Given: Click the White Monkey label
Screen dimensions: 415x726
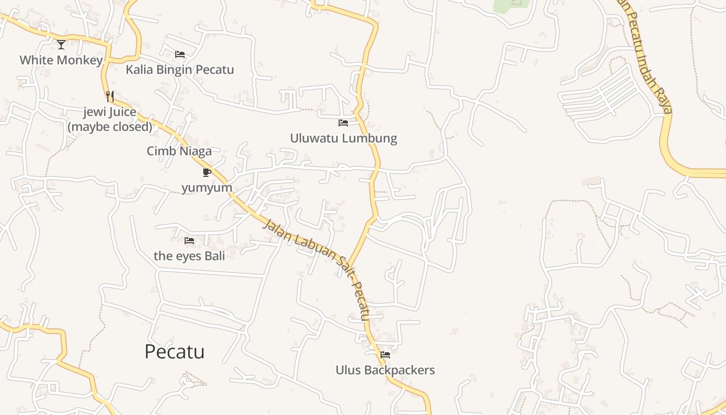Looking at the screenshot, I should pos(61,60).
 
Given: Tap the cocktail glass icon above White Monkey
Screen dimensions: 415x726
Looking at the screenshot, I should pos(61,45).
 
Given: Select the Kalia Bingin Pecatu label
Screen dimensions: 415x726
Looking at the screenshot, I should pos(180,70).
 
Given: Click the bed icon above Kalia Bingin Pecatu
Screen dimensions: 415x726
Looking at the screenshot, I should pos(180,54).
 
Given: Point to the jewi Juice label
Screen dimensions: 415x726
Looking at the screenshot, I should pos(110,112).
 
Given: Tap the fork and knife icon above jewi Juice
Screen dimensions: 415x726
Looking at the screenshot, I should pos(110,96).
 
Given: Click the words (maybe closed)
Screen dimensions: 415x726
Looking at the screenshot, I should pos(110,127).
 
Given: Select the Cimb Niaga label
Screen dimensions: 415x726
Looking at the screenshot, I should pos(179,151).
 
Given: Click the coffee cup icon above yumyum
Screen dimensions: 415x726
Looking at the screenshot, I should pos(207,172).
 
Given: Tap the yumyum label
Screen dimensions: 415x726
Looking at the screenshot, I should pos(207,187).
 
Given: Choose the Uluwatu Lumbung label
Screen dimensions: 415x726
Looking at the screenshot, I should pos(343,138).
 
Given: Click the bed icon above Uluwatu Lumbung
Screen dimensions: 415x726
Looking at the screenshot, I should pos(343,123).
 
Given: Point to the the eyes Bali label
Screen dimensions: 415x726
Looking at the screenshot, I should pos(189,256).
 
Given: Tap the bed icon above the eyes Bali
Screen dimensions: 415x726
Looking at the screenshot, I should pos(189,241).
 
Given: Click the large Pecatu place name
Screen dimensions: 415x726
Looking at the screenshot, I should pos(174,352).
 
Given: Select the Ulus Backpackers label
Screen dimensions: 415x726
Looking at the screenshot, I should pos(385,370).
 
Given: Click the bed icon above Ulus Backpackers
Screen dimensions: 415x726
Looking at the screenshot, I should pos(385,355).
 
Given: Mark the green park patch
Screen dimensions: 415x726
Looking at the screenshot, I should pos(511,6).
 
